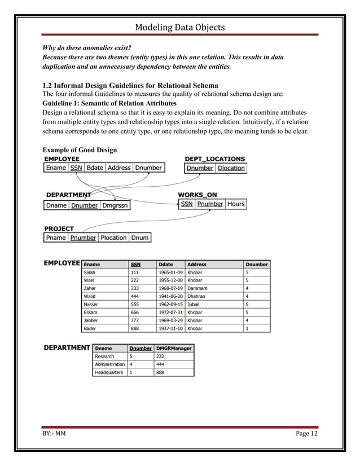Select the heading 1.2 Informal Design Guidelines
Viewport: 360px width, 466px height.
(130, 86)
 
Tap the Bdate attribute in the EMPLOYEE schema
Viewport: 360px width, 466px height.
(95, 168)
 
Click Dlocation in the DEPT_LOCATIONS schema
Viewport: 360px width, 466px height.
(231, 168)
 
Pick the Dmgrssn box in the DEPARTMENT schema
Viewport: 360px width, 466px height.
(116, 205)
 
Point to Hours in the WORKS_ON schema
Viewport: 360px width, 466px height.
(236, 204)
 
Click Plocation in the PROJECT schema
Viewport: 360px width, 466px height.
(113, 238)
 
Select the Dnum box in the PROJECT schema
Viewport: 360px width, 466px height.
(140, 238)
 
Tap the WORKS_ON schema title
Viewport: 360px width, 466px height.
(197, 195)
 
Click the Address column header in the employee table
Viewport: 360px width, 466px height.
(197, 264)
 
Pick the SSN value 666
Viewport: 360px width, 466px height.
(134, 312)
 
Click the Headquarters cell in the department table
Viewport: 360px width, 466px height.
(109, 372)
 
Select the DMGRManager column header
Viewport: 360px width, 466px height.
(174, 348)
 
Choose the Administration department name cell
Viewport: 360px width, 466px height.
(109, 364)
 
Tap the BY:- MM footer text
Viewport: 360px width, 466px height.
(54, 433)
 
